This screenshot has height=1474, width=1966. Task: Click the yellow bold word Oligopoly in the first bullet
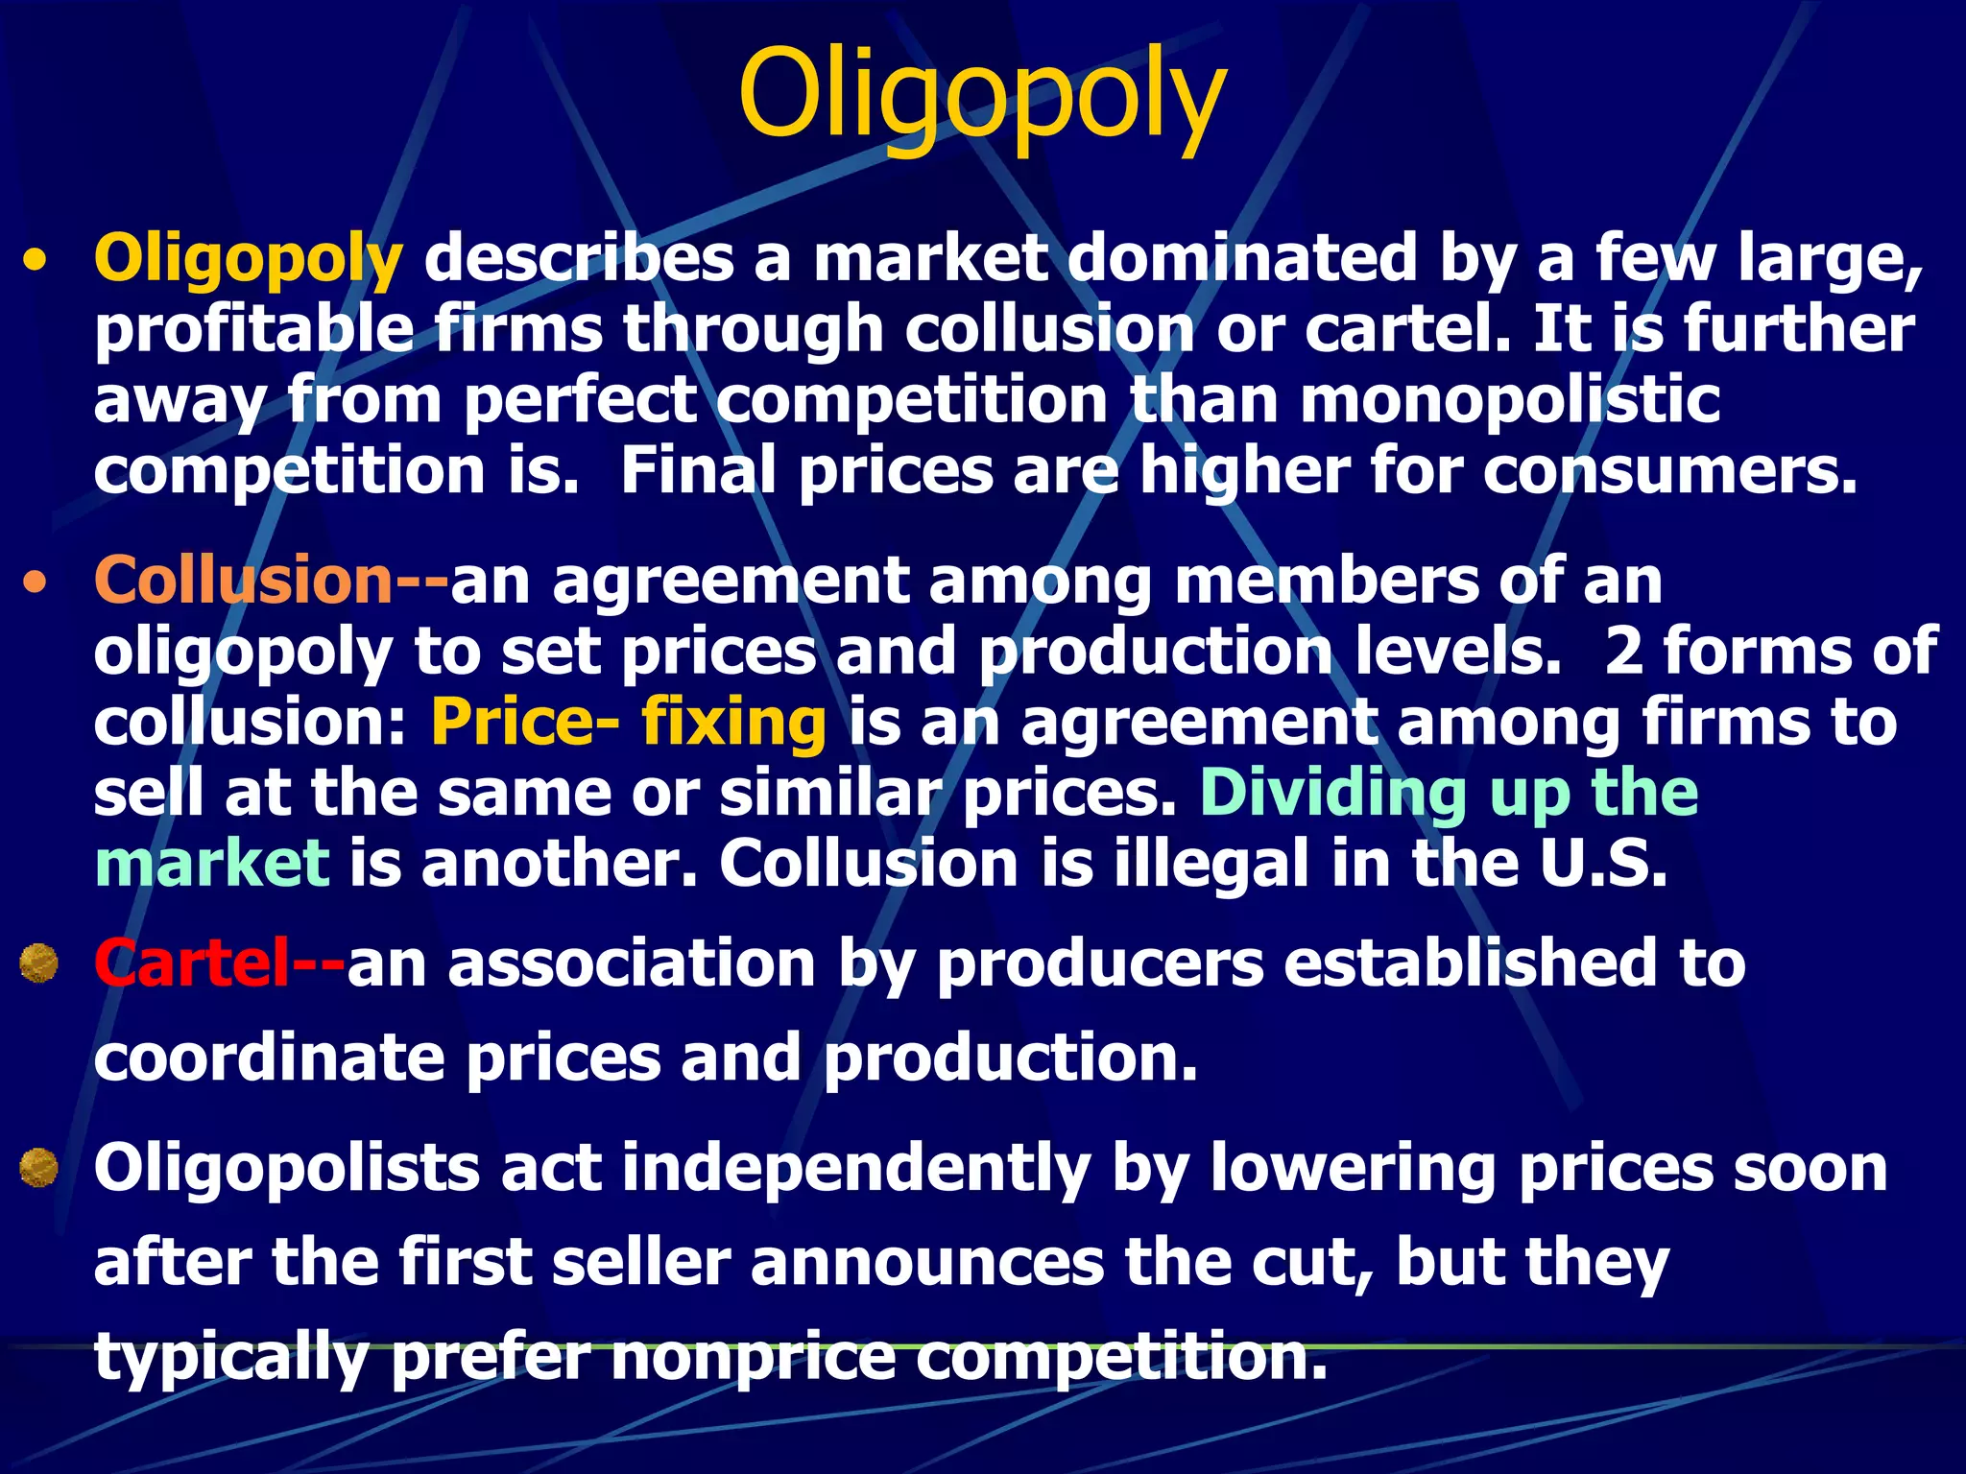pyautogui.click(x=248, y=259)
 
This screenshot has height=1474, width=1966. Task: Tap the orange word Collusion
pyautogui.click(x=243, y=581)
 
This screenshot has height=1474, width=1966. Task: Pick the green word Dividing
pyautogui.click(x=1332, y=793)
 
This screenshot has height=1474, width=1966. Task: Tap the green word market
pyautogui.click(x=212, y=863)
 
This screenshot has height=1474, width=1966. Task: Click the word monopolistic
pyautogui.click(x=1510, y=400)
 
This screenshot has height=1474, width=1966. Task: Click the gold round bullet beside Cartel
pyautogui.click(x=39, y=963)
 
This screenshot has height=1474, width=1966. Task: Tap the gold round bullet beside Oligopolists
pyautogui.click(x=39, y=1168)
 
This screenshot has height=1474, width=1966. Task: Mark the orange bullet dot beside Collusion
pyautogui.click(x=36, y=582)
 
